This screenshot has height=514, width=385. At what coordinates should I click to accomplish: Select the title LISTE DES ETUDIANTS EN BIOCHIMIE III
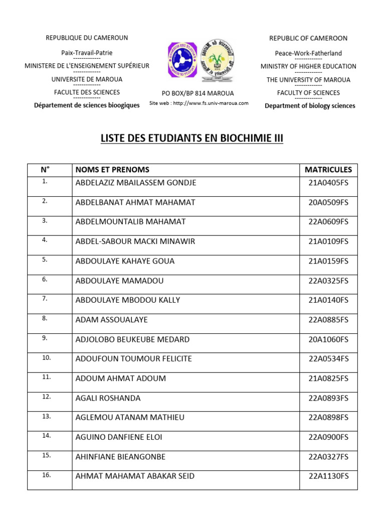(192, 138)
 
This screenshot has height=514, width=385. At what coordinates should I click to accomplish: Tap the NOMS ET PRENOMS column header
(112, 170)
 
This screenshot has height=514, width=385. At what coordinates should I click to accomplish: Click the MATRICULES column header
(328, 170)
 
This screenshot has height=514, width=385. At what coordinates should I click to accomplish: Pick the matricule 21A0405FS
(328, 183)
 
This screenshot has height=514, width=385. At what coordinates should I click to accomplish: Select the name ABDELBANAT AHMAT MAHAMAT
(135, 202)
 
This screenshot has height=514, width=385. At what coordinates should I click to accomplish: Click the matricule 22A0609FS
(328, 222)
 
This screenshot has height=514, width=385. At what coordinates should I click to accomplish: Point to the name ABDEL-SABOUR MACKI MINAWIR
(135, 241)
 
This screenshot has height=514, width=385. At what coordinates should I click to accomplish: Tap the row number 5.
(45, 260)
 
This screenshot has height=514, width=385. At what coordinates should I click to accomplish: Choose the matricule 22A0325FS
(328, 281)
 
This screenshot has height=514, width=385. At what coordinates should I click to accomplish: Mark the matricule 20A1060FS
(328, 339)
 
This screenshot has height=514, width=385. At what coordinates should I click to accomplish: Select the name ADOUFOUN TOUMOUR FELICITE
(133, 359)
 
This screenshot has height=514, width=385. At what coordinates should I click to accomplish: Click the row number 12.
(46, 397)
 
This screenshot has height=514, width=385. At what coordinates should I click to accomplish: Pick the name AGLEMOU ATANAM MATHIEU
(130, 418)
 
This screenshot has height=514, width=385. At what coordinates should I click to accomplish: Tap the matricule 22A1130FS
(328, 476)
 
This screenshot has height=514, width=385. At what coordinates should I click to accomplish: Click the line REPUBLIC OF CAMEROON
(308, 38)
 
